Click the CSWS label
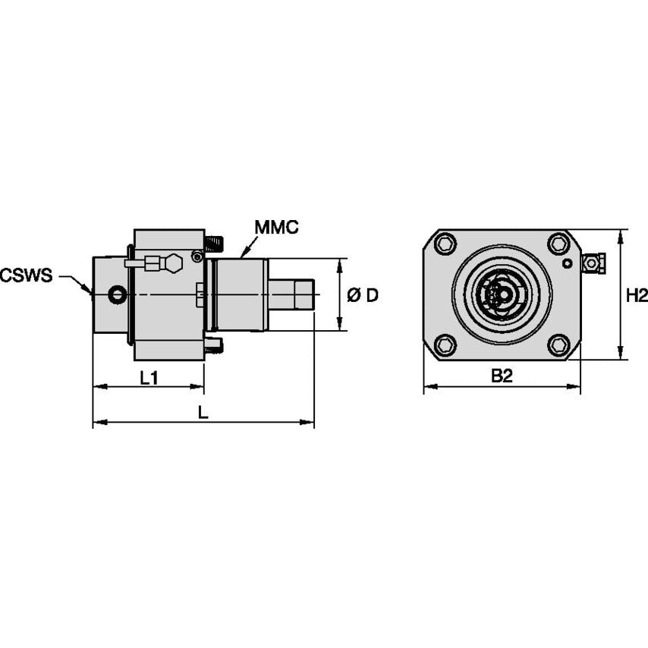(27, 275)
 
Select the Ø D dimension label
(363, 295)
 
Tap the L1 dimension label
(149, 377)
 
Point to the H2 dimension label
(637, 295)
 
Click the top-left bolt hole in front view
(445, 244)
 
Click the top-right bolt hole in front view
(558, 244)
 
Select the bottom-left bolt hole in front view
(445, 345)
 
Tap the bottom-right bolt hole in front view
(558, 345)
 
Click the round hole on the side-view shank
(117, 294)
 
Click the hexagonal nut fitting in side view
(173, 263)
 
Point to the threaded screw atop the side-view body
(215, 244)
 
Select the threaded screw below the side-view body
(214, 346)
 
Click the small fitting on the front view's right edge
(592, 263)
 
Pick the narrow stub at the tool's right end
(291, 294)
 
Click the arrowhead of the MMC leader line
(242, 256)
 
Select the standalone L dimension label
(203, 412)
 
